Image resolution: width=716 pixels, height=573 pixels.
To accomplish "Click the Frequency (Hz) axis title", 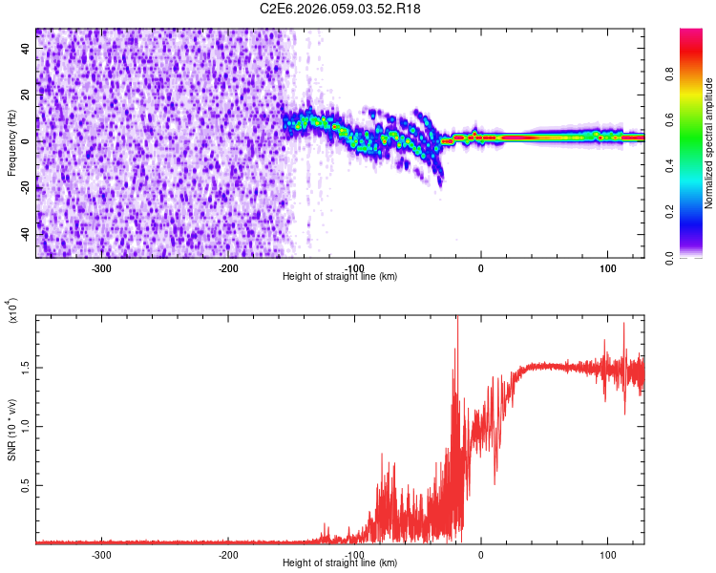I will click(11, 143).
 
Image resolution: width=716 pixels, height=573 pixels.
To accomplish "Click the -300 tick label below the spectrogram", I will click(102, 267).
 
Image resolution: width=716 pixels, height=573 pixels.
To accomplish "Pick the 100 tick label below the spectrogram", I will click(607, 267).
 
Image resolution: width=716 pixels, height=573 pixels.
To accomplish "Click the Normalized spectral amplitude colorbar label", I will click(708, 143).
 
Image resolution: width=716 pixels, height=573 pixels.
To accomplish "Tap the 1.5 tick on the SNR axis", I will click(25, 367).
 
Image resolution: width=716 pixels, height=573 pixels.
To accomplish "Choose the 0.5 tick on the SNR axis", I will click(25, 485).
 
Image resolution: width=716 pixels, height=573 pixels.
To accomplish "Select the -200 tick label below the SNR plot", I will click(228, 554).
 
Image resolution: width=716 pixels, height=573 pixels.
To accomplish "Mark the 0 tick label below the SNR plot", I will click(481, 554).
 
